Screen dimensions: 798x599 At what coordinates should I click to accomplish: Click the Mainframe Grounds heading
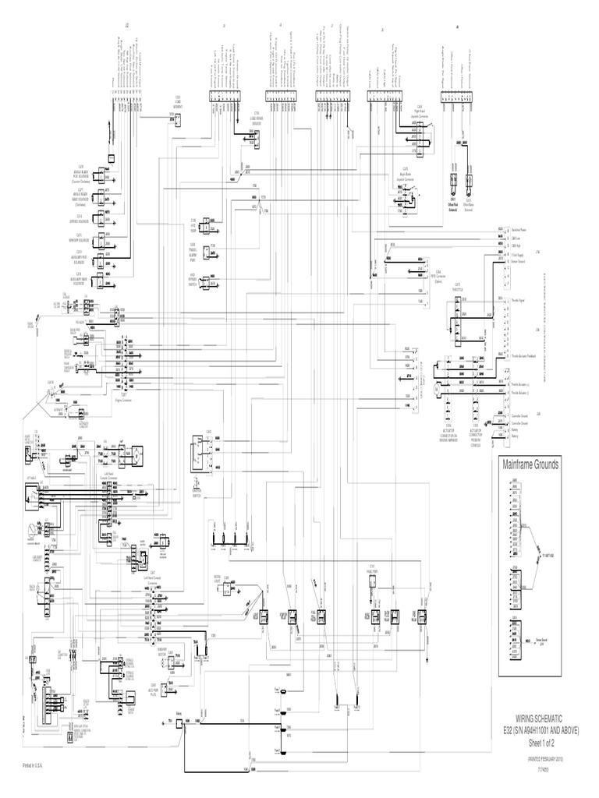[531, 465]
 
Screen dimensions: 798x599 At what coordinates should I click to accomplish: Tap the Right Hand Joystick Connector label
[419, 109]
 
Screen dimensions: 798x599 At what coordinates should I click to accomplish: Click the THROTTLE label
[459, 286]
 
